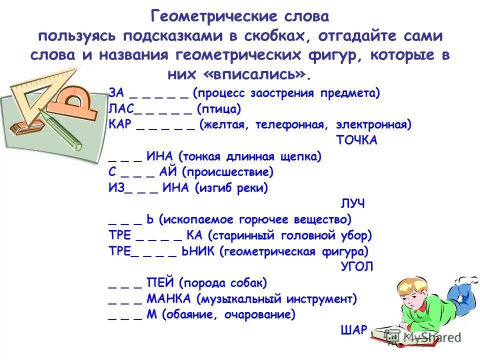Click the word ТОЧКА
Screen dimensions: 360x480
click(356, 140)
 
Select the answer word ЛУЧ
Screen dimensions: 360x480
click(352, 204)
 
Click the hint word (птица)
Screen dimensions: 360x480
click(219, 108)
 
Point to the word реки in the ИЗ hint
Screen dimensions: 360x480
click(252, 188)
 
